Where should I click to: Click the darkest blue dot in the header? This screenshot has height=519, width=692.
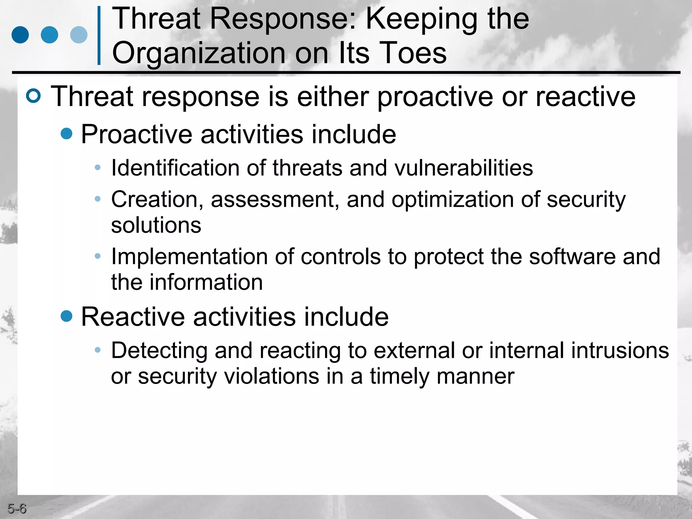click(20, 35)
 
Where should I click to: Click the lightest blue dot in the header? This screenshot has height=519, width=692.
click(79, 35)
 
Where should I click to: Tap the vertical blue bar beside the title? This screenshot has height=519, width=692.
click(99, 35)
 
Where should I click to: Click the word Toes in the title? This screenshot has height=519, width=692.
click(413, 53)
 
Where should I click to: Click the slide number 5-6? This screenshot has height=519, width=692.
click(17, 509)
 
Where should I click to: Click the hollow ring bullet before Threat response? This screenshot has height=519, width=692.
click(33, 96)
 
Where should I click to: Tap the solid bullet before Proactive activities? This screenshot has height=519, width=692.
click(67, 133)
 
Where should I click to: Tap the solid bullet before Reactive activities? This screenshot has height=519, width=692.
click(67, 316)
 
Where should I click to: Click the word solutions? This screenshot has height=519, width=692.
click(156, 225)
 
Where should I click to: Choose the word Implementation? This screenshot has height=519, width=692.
click(190, 257)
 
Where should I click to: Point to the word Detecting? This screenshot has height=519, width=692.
click(159, 350)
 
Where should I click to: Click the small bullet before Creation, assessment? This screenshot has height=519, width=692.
click(98, 199)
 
